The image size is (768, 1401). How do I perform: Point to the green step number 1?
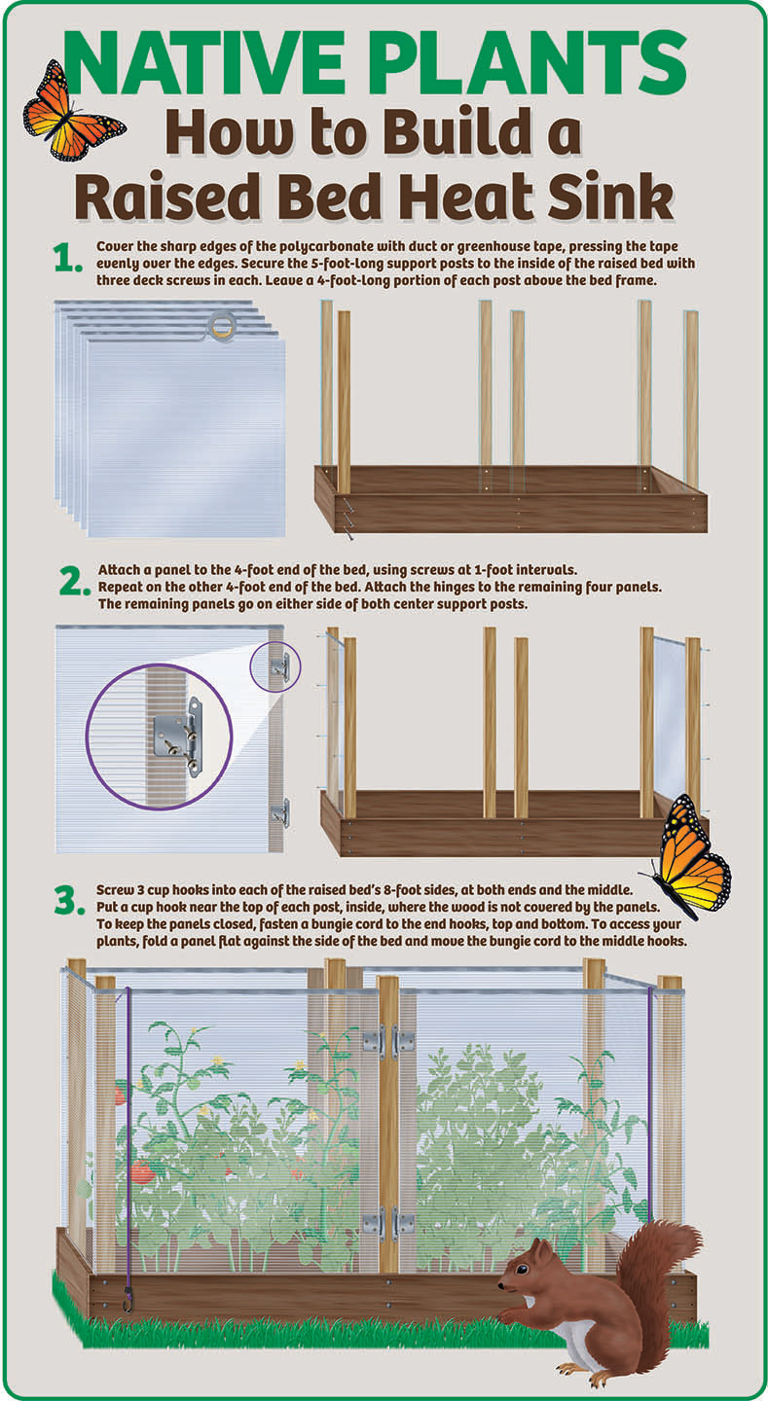(x=67, y=258)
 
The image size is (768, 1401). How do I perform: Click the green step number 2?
(x=75, y=582)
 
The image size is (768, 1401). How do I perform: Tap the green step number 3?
(x=70, y=901)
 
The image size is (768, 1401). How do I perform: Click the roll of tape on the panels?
(x=221, y=326)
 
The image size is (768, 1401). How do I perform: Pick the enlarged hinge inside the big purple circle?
(x=178, y=736)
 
